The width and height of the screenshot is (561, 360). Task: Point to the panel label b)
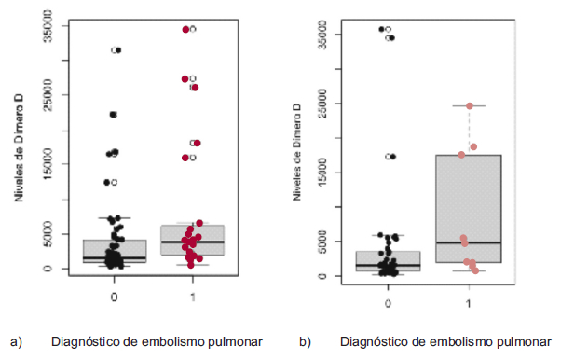[305, 341]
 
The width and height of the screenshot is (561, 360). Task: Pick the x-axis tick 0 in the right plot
[387, 303]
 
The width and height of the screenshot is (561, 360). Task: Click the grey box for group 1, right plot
[468, 209]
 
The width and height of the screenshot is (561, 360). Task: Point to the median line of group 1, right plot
[468, 242]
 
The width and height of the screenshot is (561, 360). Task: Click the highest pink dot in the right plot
[470, 105]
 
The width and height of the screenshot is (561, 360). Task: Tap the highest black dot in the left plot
[117, 49]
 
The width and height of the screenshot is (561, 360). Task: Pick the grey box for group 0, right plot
[387, 260]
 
